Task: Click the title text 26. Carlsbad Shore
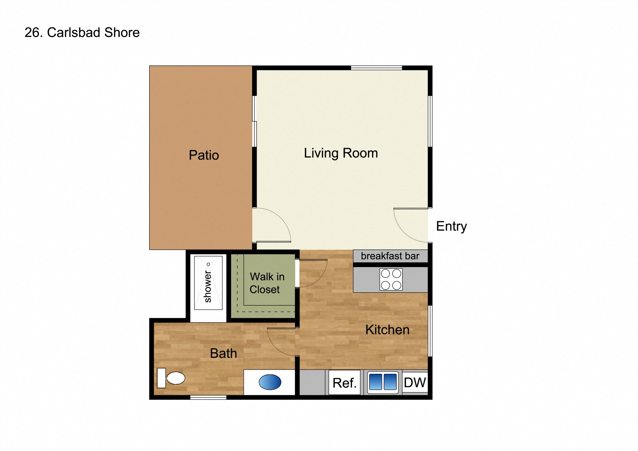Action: [82, 33]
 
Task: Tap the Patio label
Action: [204, 155]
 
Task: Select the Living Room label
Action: [341, 153]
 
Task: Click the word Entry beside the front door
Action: [451, 226]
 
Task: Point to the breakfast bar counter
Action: [390, 256]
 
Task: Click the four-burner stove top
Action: [391, 280]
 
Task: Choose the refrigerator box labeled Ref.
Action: [344, 383]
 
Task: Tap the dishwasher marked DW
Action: [415, 383]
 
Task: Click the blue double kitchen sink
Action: [383, 382]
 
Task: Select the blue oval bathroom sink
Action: [270, 382]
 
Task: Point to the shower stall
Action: [208, 283]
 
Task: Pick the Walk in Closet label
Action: [267, 283]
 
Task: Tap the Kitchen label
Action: [387, 330]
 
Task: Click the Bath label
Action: [223, 354]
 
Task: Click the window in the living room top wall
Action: [376, 68]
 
